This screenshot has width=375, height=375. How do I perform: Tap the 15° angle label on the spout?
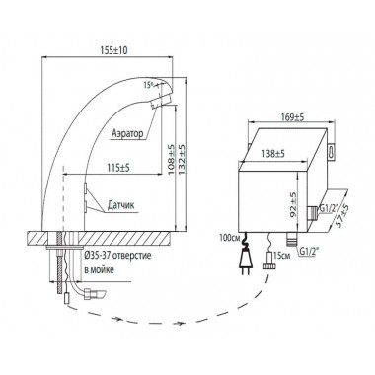[149, 85]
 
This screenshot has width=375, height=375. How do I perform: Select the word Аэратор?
[127, 133]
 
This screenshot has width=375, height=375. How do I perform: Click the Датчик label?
[120, 205]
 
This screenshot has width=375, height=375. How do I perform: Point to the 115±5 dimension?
[117, 167]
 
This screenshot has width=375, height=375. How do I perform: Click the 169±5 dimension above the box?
[292, 117]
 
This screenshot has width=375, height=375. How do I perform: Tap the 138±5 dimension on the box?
[273, 153]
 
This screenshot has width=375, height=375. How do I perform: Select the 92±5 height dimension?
[293, 204]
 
